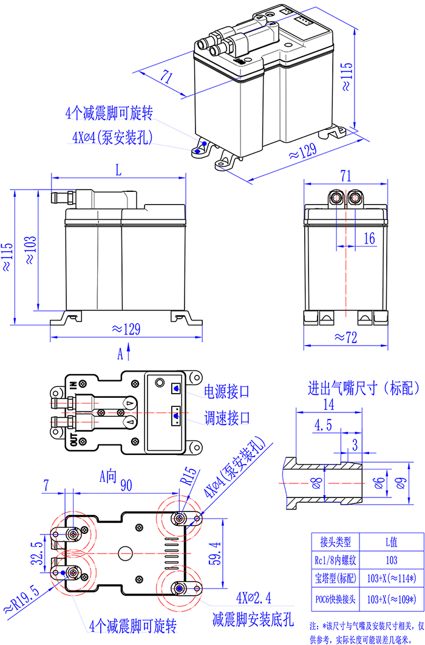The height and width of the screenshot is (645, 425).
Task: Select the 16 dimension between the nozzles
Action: tap(369, 239)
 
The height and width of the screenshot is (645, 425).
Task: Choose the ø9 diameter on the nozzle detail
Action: tap(399, 483)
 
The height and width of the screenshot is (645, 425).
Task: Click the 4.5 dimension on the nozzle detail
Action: tap(323, 425)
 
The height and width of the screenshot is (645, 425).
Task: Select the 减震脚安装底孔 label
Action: tap(253, 620)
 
